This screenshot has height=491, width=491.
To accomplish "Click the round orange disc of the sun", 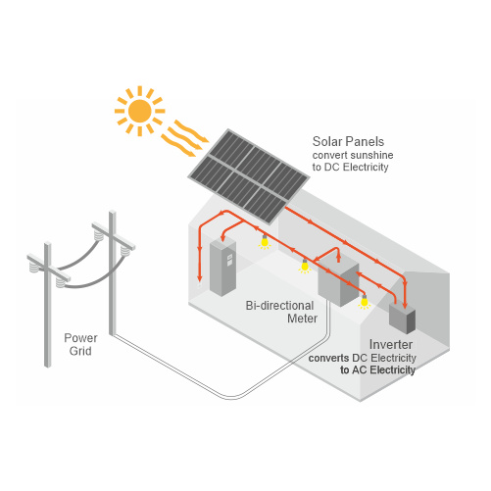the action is coord(140,111).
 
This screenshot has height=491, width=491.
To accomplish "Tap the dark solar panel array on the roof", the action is coord(249,176).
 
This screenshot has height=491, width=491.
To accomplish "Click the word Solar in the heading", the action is coord(327,141).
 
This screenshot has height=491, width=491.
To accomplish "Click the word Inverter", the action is coord(391,344).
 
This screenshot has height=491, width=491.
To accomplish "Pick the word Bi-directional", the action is coord(279,306).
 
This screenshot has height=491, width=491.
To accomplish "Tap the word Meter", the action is coord(302,319).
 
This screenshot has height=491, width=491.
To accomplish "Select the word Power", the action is coord(80,338).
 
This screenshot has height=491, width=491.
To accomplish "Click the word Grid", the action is coord(80,351).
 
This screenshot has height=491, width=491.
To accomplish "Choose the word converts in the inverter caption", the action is coord(328,358).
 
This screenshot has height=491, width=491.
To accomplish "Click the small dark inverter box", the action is coord(402,319).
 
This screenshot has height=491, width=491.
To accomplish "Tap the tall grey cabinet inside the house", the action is coord(222,268).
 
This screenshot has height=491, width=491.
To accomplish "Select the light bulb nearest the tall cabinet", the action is coord(265,242).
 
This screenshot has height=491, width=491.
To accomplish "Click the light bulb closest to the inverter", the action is coord(364,302).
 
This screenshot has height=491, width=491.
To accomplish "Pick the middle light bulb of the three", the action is coord(305,266).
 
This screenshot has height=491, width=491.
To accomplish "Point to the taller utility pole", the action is coord(113,272).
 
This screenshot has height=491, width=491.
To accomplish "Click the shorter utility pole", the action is coord(48,304).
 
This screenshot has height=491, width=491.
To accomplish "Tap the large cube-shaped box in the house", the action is coord(338,282).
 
